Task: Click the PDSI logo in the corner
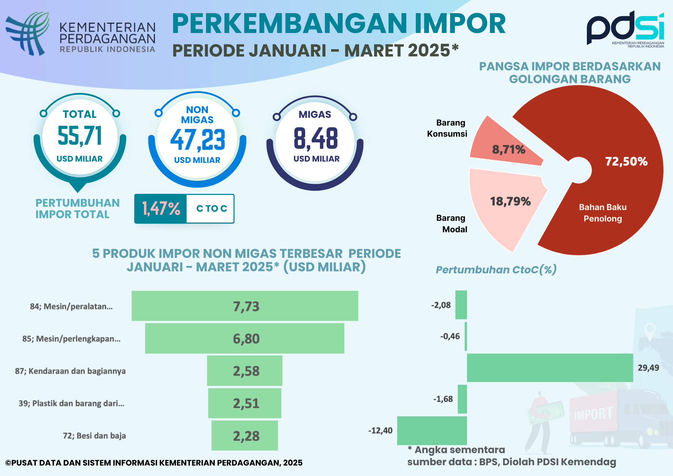625,29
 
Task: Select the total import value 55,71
80,136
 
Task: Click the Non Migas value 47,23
198,140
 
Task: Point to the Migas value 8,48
316,138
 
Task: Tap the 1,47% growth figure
161,209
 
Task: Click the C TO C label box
211,209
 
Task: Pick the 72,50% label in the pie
626,162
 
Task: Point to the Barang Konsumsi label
447,128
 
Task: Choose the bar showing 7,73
245,306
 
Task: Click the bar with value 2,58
245,371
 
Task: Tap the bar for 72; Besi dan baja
245,435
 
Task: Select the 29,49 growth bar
550,368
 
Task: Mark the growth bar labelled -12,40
432,431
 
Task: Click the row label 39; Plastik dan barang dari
71,403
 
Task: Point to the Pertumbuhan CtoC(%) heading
496,270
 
